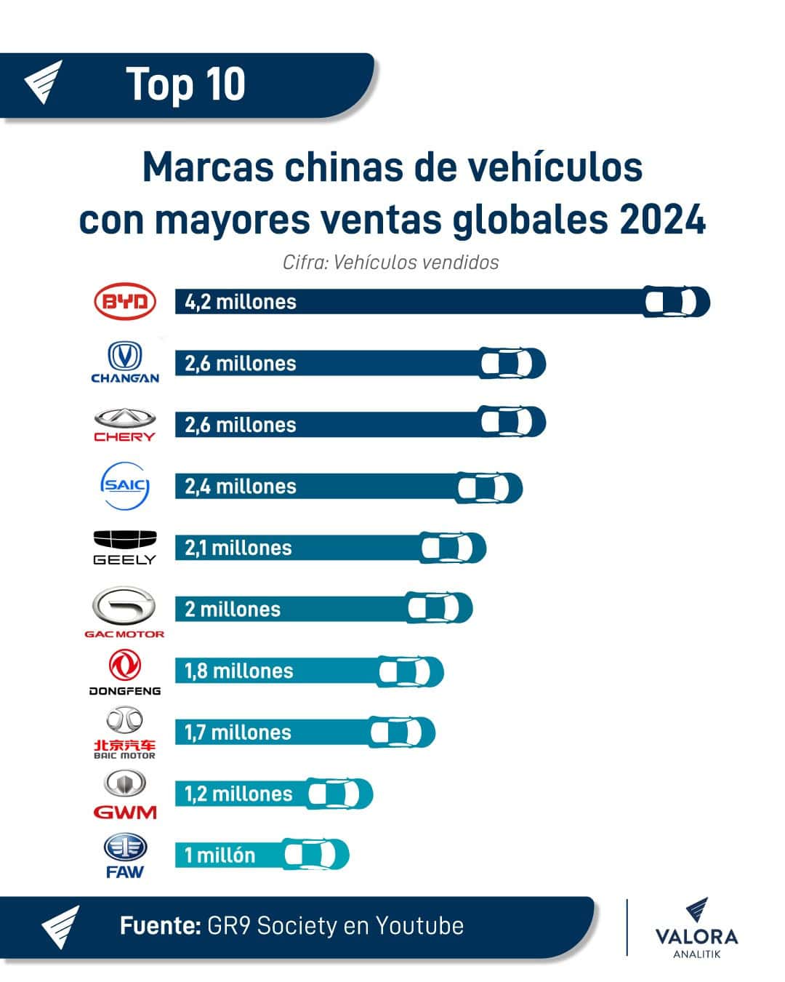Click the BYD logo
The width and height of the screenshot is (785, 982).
click(125, 302)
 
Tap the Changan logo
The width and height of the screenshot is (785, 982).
click(125, 362)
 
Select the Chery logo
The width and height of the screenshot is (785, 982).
click(125, 425)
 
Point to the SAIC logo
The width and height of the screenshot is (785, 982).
click(125, 485)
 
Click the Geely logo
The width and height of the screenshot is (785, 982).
click(125, 547)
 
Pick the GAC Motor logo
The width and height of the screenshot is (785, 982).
click(124, 612)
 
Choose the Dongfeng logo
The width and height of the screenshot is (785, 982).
click(125, 672)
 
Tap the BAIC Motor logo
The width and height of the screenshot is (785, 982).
click(125, 733)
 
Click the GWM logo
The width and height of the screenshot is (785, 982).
click(125, 794)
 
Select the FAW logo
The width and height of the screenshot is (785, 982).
click(125, 855)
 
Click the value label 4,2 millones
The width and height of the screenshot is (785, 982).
click(241, 302)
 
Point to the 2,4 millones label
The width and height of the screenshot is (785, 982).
click(241, 487)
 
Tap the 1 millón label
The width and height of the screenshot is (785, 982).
click(220, 855)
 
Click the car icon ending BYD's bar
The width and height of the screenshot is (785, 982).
click(676, 302)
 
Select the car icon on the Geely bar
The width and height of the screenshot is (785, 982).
click(453, 548)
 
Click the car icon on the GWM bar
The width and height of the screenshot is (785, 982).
click(339, 794)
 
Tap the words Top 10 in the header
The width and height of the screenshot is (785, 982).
click(186, 84)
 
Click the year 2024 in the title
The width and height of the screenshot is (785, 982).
click(663, 220)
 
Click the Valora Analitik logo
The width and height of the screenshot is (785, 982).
click(696, 929)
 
